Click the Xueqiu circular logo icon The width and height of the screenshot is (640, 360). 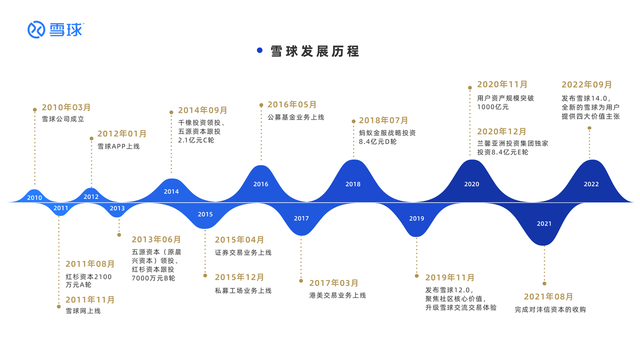coord(36,29)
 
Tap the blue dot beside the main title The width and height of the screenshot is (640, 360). coord(259,50)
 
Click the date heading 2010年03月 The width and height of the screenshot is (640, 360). coord(66,107)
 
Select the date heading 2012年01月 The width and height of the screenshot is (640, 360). coord(122,133)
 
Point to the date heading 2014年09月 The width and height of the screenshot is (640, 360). coord(202,110)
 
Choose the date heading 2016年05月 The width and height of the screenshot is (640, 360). coord(292,104)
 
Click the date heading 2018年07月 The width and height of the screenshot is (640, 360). coord(383,120)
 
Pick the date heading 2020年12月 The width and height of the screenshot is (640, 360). coord(501,131)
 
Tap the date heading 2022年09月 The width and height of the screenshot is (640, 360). coord(586,84)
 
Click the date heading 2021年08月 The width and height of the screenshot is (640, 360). coord(548,296)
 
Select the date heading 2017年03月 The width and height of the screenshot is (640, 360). coord(333,283)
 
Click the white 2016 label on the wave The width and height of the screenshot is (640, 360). coord(261,184)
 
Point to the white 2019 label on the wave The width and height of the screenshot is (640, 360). coord(416,218)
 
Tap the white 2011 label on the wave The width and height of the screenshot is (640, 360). coord(61,208)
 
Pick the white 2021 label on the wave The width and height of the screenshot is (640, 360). coord(544,223)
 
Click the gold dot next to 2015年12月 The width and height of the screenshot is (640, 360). coord(205,275)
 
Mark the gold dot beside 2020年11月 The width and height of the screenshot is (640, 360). coord(469,87)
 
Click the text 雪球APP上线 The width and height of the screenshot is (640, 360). coord(118,146)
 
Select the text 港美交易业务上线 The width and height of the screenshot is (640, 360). coord(337,295)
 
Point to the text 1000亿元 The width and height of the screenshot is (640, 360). coord(493,107)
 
